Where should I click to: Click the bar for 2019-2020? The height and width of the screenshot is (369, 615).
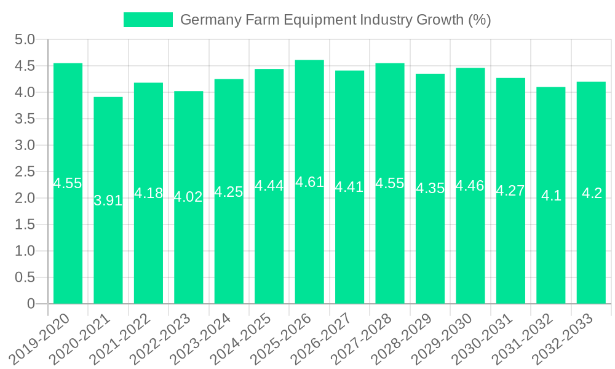(68, 246)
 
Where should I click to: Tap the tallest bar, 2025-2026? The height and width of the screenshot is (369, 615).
(309, 246)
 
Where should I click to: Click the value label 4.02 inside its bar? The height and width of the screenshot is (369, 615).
(188, 197)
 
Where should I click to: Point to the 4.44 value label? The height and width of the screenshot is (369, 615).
(269, 186)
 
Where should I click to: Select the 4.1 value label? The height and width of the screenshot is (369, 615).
(551, 196)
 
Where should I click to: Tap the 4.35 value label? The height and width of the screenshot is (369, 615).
(430, 188)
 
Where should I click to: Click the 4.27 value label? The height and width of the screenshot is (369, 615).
(510, 191)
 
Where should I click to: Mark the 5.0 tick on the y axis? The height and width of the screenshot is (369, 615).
(25, 40)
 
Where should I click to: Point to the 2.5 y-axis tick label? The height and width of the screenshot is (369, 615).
(25, 172)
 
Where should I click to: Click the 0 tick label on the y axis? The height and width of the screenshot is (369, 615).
(31, 304)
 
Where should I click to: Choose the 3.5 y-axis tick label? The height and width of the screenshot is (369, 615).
(25, 119)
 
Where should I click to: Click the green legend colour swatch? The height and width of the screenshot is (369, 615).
(148, 20)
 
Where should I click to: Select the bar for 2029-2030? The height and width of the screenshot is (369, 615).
(470, 246)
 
